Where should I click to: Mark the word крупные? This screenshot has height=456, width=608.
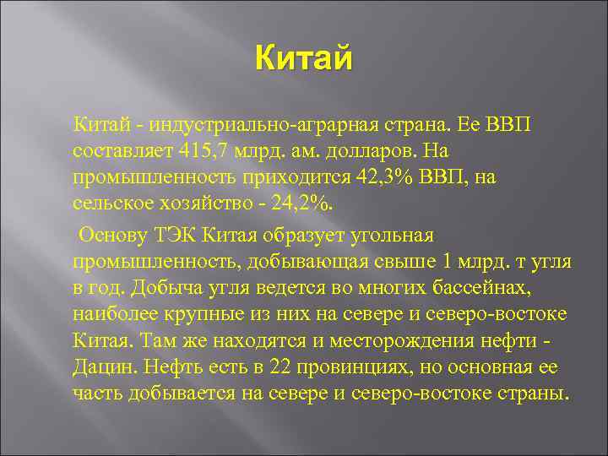195,316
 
